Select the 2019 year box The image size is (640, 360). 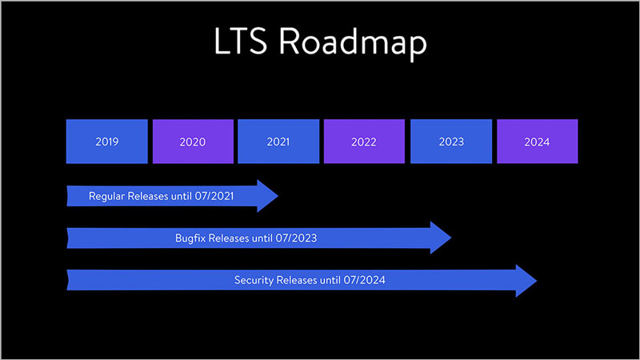click(106, 142)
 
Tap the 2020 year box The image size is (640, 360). click(193, 142)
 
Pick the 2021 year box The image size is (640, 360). click(278, 142)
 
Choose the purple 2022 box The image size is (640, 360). click(364, 142)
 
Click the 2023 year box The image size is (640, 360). click(451, 142)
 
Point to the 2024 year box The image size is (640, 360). click(537, 142)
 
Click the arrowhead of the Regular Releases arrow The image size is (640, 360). click(267, 196)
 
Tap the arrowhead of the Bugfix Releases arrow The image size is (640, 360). click(441, 238)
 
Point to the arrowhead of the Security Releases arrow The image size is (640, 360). click(526, 280)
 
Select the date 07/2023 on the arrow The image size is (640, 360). click(306, 238)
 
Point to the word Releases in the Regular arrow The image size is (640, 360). click(149, 196)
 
